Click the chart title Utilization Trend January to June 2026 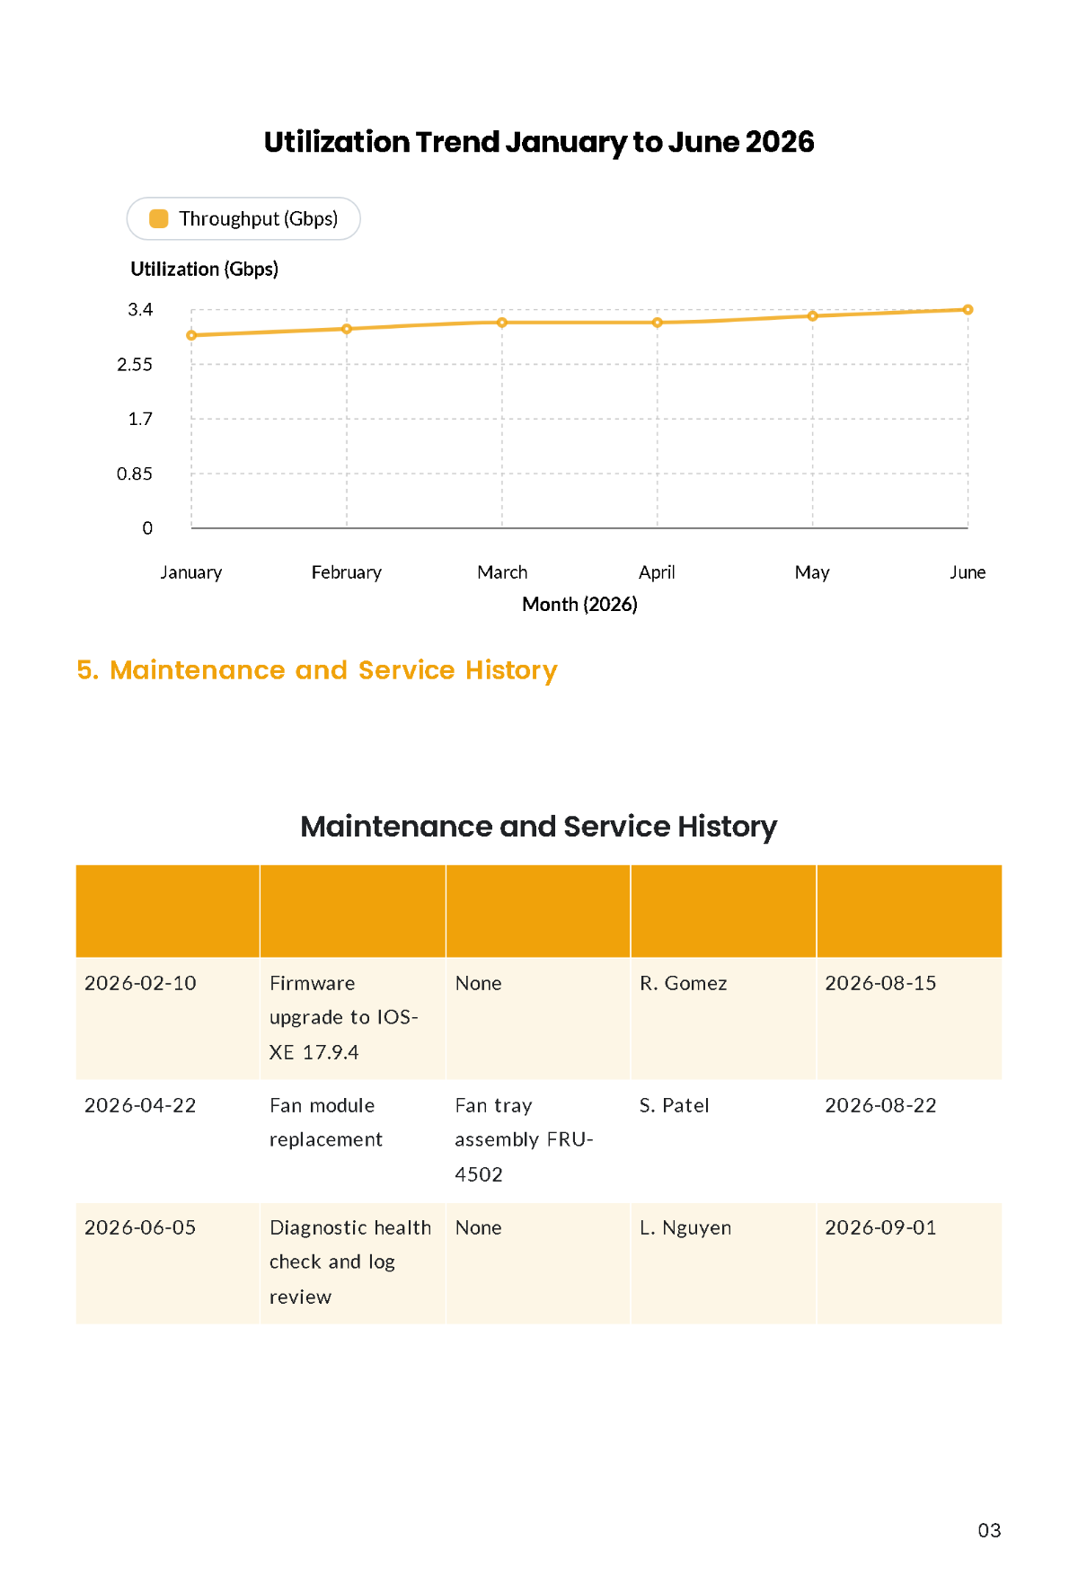[x=539, y=142]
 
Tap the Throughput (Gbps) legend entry [x=243, y=218]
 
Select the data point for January [x=191, y=335]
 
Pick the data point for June [x=968, y=310]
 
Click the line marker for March [x=502, y=323]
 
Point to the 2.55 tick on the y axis [x=135, y=365]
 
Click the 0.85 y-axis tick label [x=135, y=474]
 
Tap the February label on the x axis [x=347, y=572]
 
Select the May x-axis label [x=812, y=572]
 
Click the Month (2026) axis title [x=580, y=604]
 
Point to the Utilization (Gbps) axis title [x=205, y=269]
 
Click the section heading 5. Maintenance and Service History [x=317, y=670]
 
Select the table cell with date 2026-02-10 [x=168, y=1018]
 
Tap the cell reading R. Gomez [x=723, y=1018]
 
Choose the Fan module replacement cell [x=353, y=1140]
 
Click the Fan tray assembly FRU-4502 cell [x=538, y=1140]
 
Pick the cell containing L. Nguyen [x=723, y=1262]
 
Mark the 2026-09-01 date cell [x=909, y=1262]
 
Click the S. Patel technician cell [x=723, y=1140]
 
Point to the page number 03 [x=989, y=1530]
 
